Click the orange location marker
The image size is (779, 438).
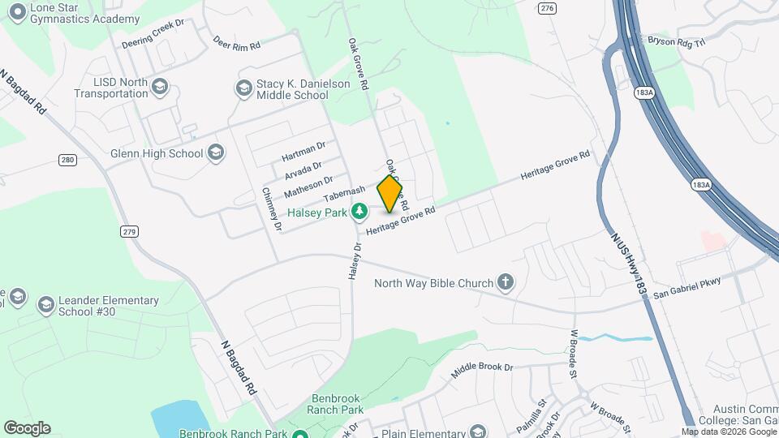[x=389, y=194]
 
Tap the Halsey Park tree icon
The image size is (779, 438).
[x=359, y=213]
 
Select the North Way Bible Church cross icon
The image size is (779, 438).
[x=506, y=282]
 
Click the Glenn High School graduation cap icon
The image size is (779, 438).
[x=215, y=152]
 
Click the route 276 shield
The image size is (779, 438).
[x=547, y=7]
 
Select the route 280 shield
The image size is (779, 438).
[x=67, y=160]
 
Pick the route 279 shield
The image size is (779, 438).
[x=129, y=232]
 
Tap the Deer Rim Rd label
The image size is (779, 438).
[x=236, y=42]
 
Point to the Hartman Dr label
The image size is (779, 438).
[x=303, y=151]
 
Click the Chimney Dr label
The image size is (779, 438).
[x=272, y=210]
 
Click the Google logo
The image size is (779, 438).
[x=27, y=428]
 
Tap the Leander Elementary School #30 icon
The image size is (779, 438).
[x=45, y=305]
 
